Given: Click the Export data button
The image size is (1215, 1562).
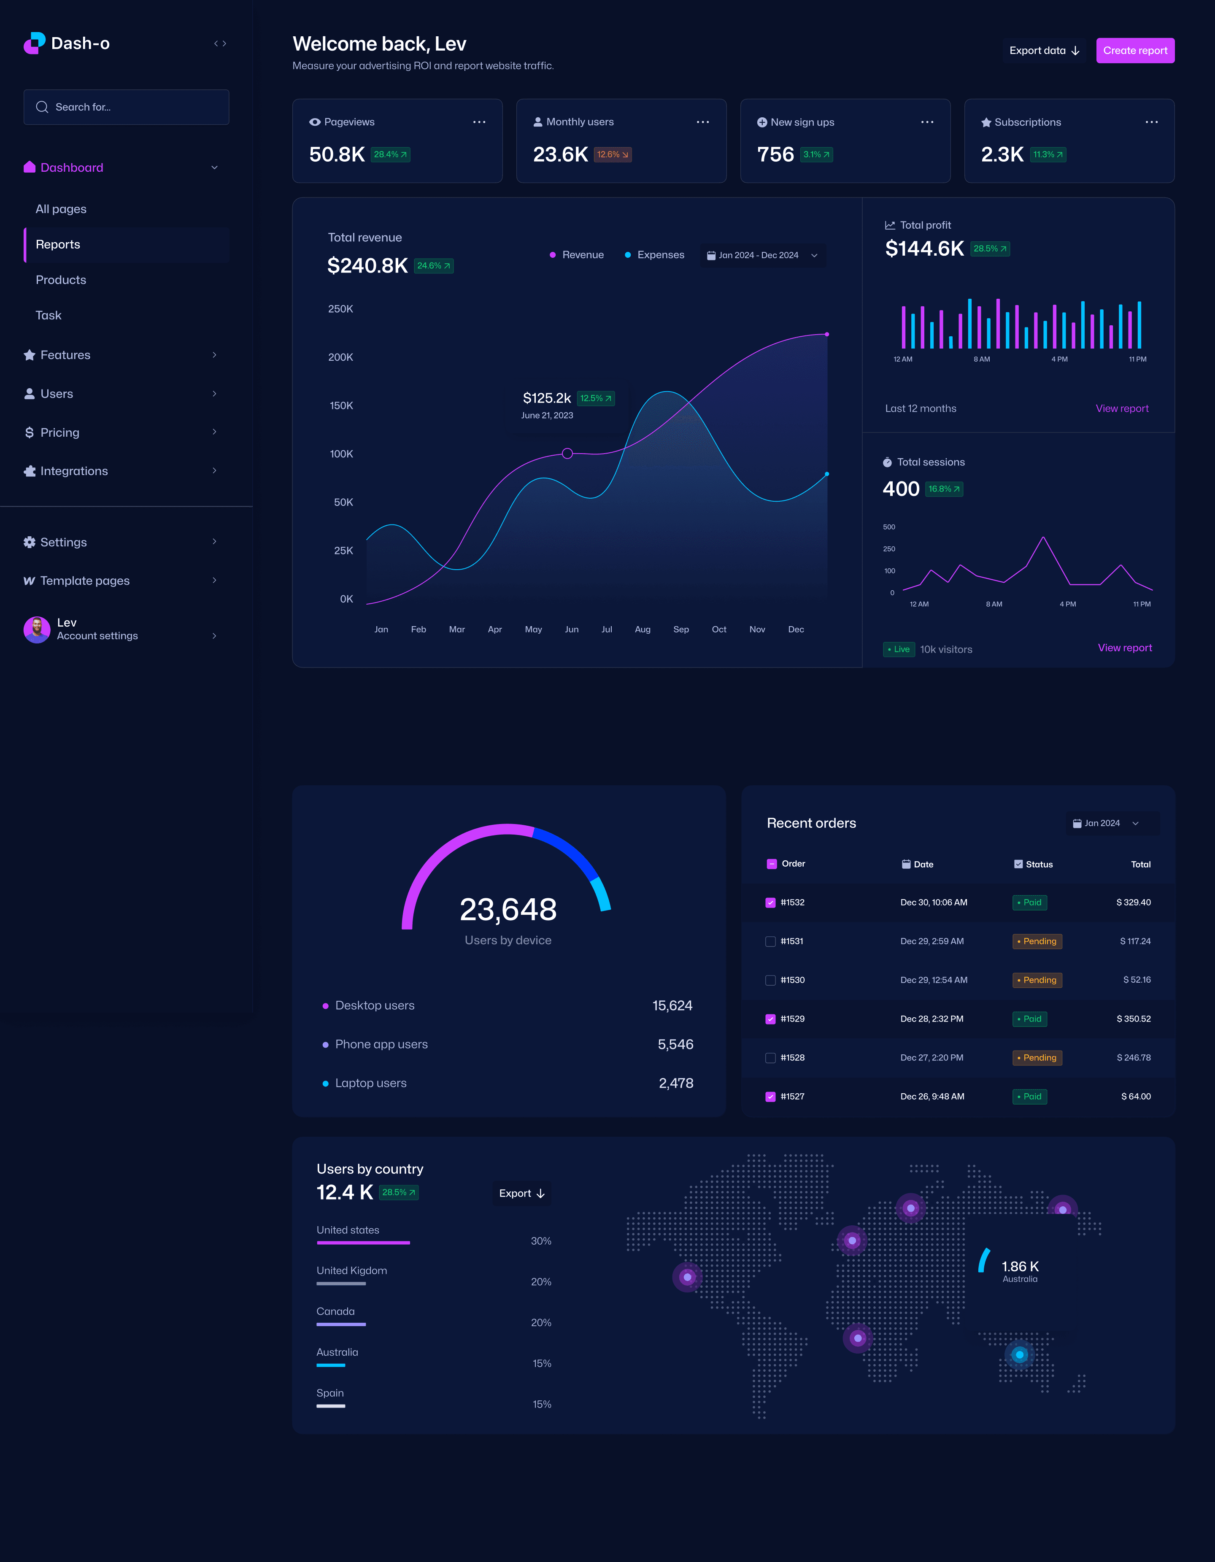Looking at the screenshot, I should (x=1043, y=51).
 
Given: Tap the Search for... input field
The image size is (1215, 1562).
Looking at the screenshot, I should (x=127, y=107).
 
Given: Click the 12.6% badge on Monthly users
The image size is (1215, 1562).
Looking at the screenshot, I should (x=612, y=154).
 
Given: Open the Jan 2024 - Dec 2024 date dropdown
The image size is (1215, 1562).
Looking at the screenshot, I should (x=761, y=255).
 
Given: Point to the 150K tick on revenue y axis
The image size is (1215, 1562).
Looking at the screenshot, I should (x=341, y=405).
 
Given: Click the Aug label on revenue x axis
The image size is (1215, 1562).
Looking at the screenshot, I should (x=642, y=630).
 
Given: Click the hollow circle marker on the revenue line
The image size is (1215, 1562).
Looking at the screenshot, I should (x=567, y=454).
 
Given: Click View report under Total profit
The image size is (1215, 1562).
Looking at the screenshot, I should (x=1121, y=408).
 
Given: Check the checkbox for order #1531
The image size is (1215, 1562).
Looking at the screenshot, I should (x=770, y=941).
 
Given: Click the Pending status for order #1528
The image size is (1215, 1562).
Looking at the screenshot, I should (x=1037, y=1058).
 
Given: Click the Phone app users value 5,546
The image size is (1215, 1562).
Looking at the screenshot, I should (x=675, y=1044).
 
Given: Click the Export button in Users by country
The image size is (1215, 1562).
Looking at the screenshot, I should (x=521, y=1193).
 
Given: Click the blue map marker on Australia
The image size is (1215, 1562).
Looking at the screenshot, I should (x=1019, y=1354).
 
